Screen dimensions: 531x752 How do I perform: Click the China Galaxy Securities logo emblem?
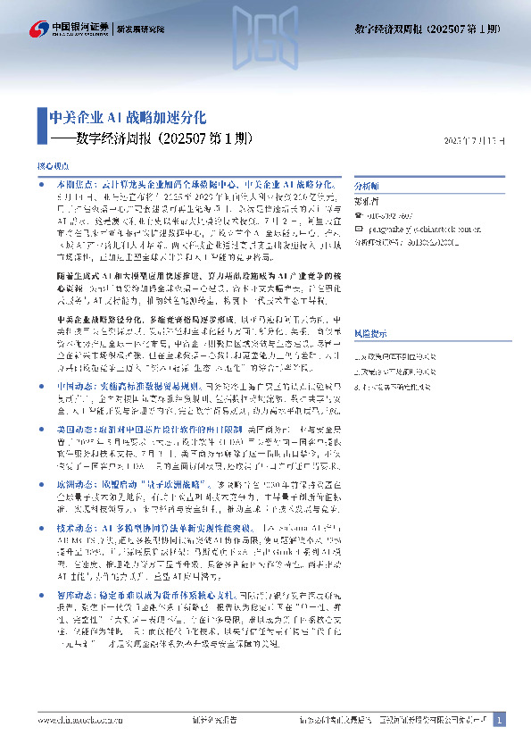(x=38, y=29)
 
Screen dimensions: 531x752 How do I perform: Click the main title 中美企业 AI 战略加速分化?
(x=127, y=117)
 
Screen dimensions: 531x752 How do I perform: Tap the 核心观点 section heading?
(x=51, y=166)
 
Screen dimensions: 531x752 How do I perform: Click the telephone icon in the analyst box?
(x=360, y=214)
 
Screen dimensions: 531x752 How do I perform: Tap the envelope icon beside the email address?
(x=360, y=228)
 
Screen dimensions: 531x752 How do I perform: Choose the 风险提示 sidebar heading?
(x=369, y=307)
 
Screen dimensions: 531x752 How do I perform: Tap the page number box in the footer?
(x=500, y=719)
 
